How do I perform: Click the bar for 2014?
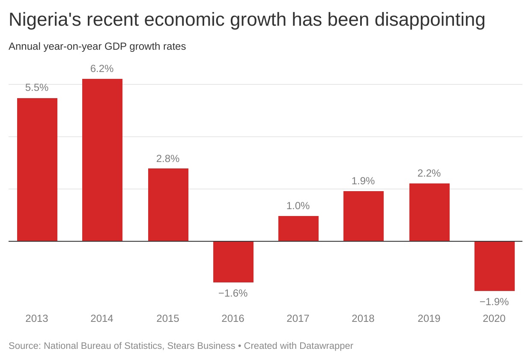coord(102,160)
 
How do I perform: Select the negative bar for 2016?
coord(233,261)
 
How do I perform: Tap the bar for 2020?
coord(495,266)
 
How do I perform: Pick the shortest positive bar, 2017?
coord(298,228)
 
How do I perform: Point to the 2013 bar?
coord(37,170)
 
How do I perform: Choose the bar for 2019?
coord(430,212)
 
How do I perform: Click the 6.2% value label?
coord(102,69)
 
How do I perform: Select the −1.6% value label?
coord(233,294)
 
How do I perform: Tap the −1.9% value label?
coord(494,302)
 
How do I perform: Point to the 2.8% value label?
coord(168,159)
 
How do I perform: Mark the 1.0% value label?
coord(298,206)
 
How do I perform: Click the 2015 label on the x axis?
coord(168,319)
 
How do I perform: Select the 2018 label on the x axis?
coord(363,319)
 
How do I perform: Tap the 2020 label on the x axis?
coord(494,319)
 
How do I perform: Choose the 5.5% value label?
coord(37,88)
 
